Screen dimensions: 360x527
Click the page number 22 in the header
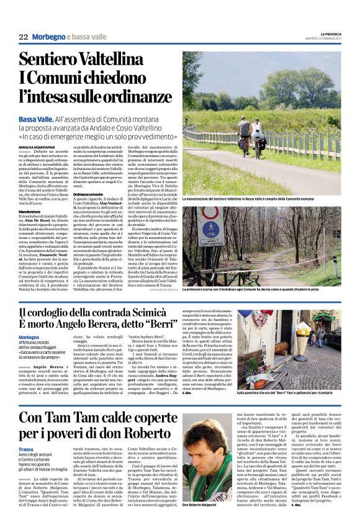click(x=22, y=38)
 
